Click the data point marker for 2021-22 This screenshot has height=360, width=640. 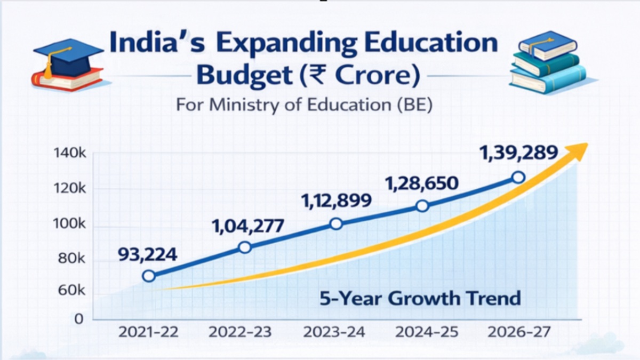tap(149, 276)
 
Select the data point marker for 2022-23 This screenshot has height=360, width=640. tap(245, 247)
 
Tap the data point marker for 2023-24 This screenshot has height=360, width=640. tap(336, 224)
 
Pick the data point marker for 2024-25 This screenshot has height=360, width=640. tap(422, 206)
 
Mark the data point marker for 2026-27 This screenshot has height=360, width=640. tap(517, 178)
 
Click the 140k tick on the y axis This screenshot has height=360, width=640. tap(70, 154)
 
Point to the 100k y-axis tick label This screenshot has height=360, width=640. tap(70, 224)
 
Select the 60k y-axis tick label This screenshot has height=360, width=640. tap(72, 291)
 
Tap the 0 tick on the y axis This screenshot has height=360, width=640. tap(79, 319)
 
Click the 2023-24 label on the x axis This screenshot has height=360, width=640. tap(334, 332)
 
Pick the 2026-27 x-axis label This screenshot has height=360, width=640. tap(518, 332)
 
